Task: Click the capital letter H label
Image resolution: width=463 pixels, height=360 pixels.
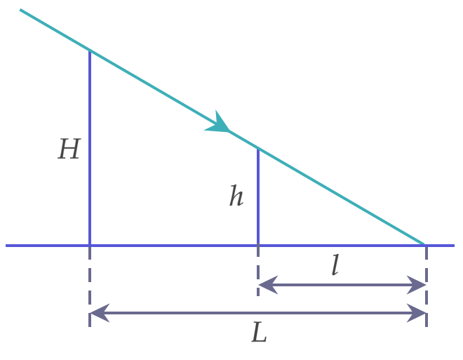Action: click(x=69, y=149)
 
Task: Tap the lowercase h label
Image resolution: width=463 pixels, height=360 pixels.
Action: click(x=236, y=195)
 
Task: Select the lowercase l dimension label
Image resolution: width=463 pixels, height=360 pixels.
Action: click(x=335, y=265)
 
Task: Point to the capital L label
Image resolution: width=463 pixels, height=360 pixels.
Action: click(x=260, y=332)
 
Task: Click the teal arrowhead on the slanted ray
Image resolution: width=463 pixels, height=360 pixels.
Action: click(x=218, y=124)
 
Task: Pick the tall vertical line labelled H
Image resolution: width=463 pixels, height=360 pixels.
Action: click(x=90, y=147)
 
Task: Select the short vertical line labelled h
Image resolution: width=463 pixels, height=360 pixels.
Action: click(x=258, y=196)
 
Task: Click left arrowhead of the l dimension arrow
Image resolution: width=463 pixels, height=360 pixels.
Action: click(x=267, y=285)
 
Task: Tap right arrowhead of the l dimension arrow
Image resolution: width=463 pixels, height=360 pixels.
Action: click(x=416, y=285)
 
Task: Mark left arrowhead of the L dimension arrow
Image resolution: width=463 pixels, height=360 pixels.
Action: click(x=99, y=313)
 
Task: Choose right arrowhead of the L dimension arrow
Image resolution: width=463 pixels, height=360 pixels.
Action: click(x=416, y=313)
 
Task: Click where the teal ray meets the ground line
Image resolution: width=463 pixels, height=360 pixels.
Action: click(x=424, y=244)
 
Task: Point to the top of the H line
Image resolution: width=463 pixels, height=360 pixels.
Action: click(x=90, y=51)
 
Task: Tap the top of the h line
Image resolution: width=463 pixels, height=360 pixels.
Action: click(x=258, y=149)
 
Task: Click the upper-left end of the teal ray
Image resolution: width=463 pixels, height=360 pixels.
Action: click(x=20, y=10)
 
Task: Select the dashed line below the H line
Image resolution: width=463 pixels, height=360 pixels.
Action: click(x=90, y=286)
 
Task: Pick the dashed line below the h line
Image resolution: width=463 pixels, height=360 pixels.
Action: click(x=258, y=271)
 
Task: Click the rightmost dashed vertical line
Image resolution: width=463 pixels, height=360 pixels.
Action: click(x=427, y=286)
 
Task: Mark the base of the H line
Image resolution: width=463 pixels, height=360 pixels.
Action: click(x=90, y=245)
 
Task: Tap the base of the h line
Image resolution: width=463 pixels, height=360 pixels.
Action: click(x=258, y=245)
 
